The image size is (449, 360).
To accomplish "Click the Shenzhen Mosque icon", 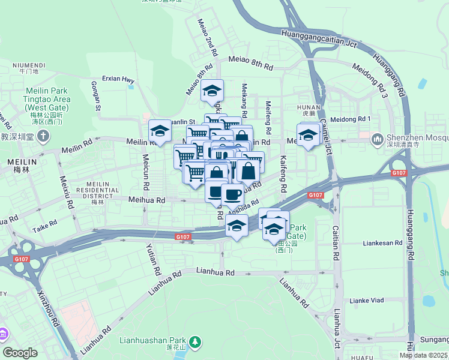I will [x=378, y=140].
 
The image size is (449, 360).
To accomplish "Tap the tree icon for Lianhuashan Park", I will [x=195, y=342].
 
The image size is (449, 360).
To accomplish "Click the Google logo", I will [x=20, y=353].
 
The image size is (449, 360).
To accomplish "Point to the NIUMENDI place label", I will [x=29, y=65].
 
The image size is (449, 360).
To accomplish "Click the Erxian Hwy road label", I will [x=118, y=78].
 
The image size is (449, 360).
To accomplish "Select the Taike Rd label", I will [x=44, y=226].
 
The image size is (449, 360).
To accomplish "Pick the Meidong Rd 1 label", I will [x=351, y=119].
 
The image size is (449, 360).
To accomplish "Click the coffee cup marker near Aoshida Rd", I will [x=232, y=194].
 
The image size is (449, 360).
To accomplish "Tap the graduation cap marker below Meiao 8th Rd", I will [x=211, y=91].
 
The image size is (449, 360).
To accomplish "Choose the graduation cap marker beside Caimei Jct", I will [x=308, y=134].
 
